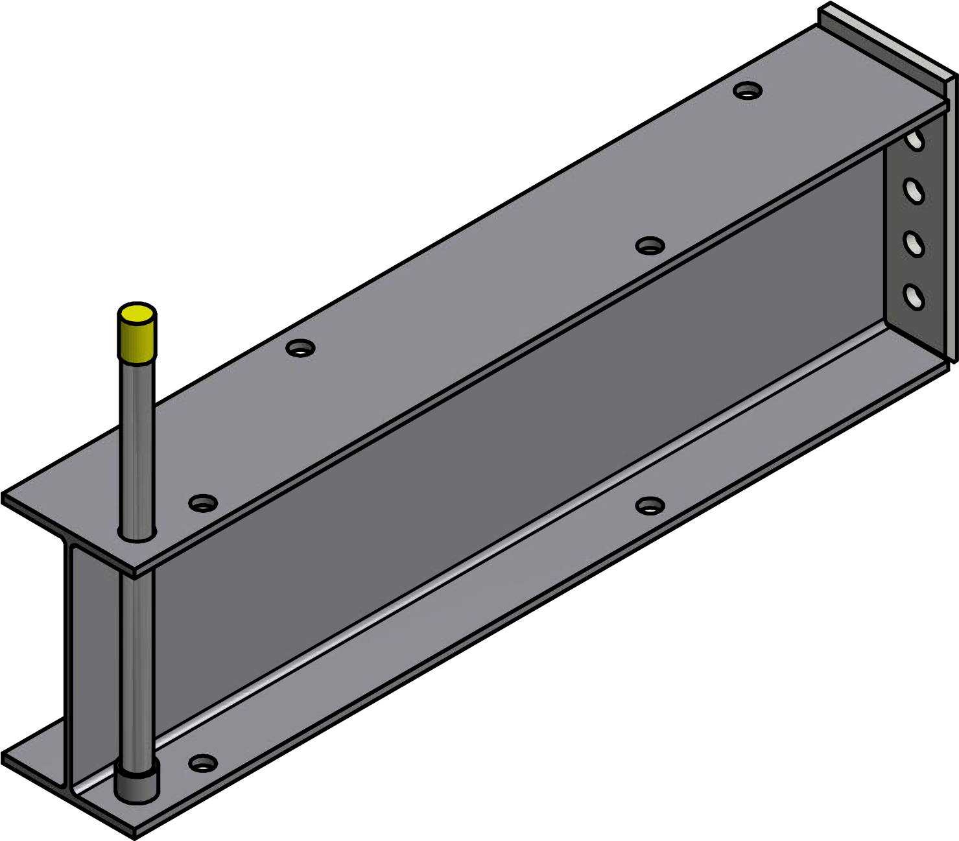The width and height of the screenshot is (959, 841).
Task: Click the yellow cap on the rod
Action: (x=137, y=334)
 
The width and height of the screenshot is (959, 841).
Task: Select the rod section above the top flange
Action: (x=137, y=447)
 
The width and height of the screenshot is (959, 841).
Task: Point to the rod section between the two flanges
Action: (x=137, y=661)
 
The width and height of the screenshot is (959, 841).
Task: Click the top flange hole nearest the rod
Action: (x=203, y=503)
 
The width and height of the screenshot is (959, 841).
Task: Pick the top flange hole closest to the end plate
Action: (x=748, y=90)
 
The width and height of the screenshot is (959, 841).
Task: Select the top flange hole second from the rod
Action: (x=300, y=348)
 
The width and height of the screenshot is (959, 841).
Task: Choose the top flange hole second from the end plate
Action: (x=650, y=246)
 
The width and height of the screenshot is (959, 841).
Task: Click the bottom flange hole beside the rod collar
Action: (x=203, y=763)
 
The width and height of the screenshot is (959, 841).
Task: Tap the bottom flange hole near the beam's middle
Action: (x=650, y=505)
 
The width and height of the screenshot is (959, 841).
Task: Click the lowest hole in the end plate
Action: (x=914, y=297)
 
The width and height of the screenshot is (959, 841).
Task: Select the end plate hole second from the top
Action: (x=914, y=191)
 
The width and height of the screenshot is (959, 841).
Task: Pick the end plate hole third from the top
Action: (x=914, y=244)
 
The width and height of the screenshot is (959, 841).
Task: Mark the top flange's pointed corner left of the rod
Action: (x=9, y=499)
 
